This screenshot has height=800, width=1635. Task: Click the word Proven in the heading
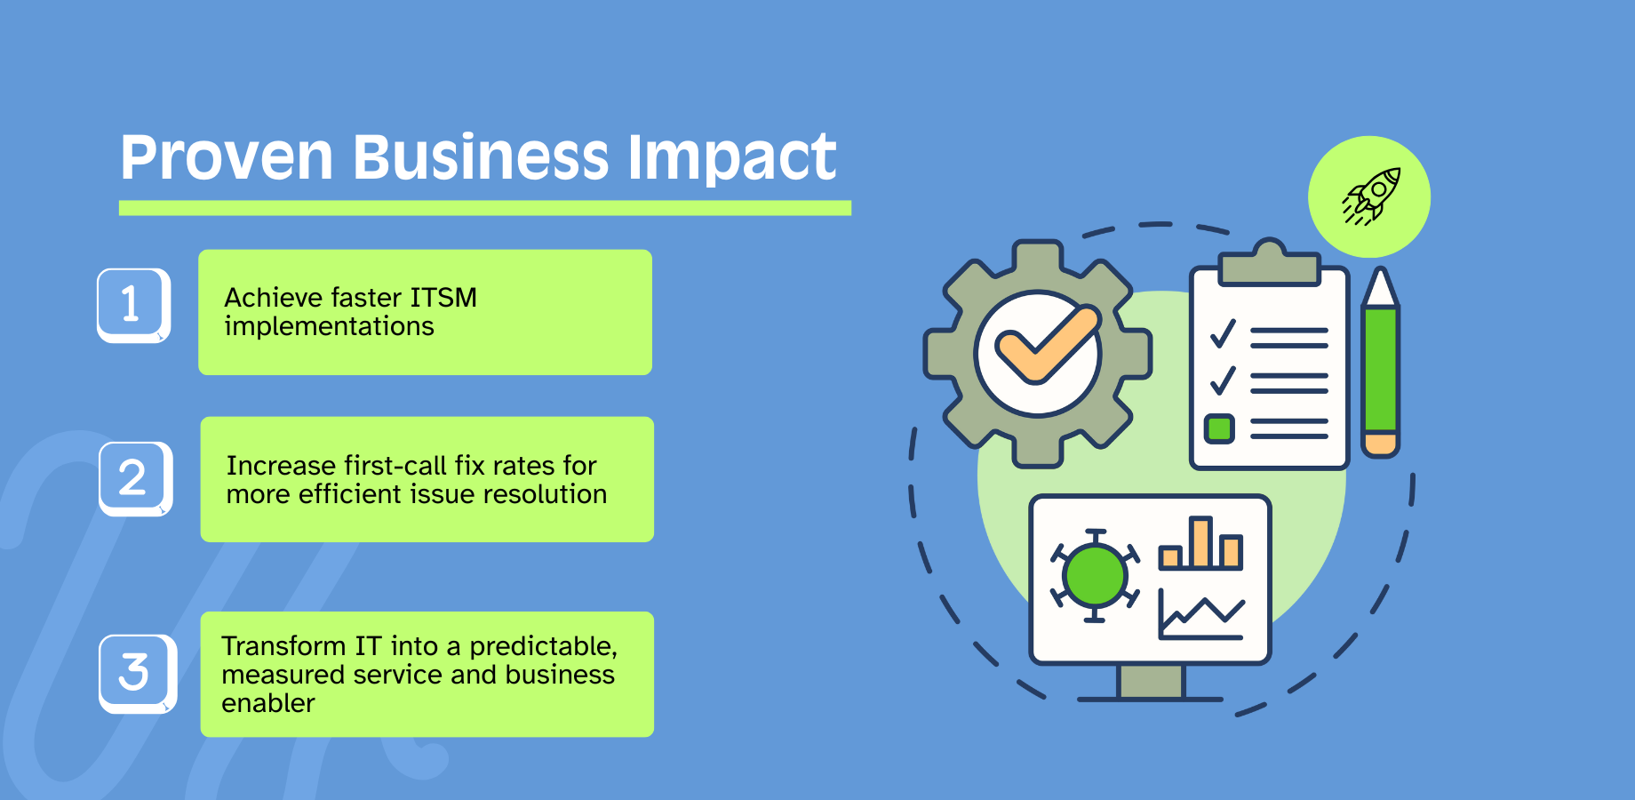coord(227,158)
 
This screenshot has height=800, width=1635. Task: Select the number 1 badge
coord(133,305)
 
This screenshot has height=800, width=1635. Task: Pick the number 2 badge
coord(135,478)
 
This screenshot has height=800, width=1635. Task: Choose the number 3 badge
coord(137,673)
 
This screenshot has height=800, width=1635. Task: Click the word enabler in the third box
coord(268,703)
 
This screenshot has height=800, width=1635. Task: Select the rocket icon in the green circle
coord(1371,196)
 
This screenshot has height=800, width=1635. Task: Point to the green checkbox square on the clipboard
coord(1219,429)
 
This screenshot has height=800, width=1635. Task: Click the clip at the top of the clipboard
coord(1269,263)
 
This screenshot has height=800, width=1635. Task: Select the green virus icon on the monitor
coord(1095,575)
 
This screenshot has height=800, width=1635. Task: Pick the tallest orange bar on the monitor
coord(1200,542)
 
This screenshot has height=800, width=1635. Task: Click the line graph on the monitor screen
coord(1201,614)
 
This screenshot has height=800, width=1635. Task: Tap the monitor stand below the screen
coord(1151,683)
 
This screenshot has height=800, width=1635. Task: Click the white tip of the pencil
coord(1380,287)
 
